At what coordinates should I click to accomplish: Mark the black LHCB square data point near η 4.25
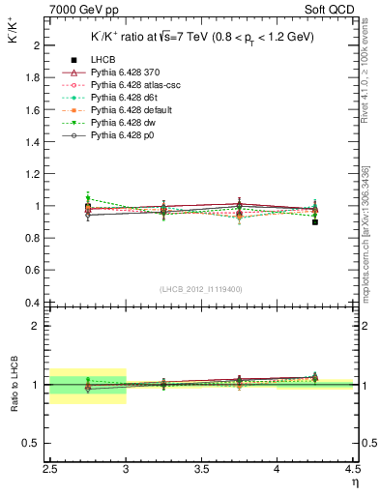[314, 222]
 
